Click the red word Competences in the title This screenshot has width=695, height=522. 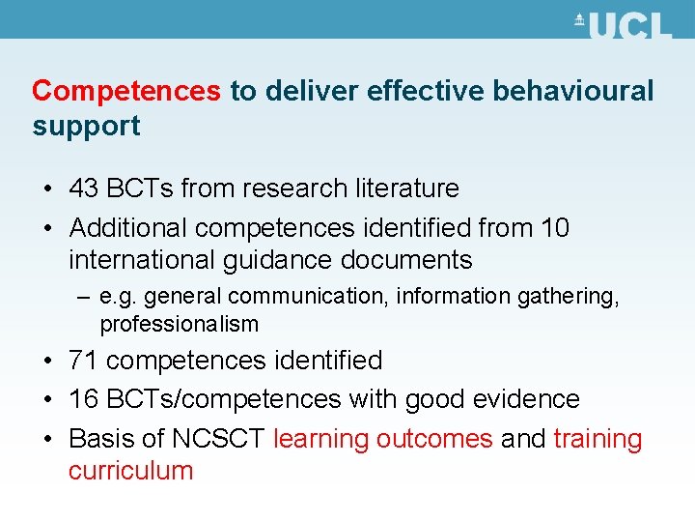click(x=126, y=91)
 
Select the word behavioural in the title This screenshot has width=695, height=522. click(x=573, y=91)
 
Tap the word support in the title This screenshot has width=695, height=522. click(x=86, y=126)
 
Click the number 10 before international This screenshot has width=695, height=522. click(x=555, y=228)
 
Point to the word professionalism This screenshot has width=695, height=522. click(x=180, y=324)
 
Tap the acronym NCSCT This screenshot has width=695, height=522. click(x=218, y=439)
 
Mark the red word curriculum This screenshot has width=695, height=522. click(x=131, y=471)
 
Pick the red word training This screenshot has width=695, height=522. click(x=598, y=439)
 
